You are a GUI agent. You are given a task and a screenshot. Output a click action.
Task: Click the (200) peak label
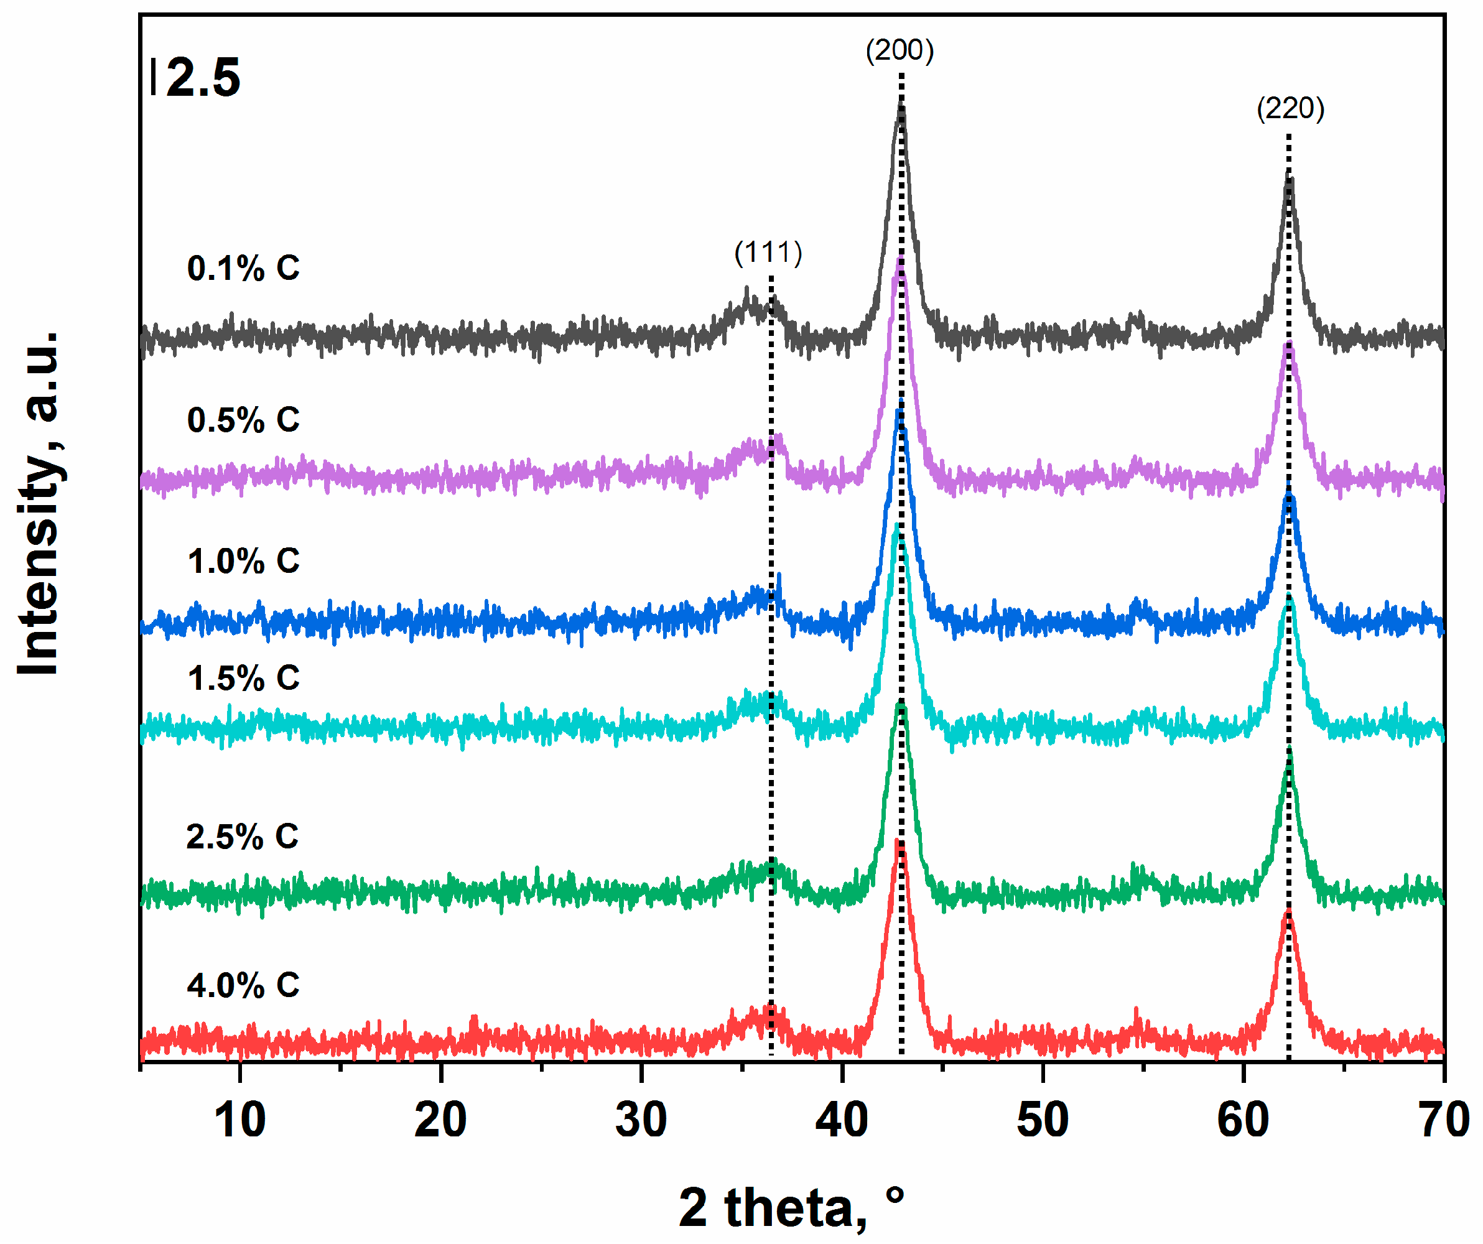(x=900, y=51)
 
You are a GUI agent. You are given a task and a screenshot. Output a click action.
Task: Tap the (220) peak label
(x=1290, y=109)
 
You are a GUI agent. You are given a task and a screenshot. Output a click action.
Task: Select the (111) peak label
(x=768, y=253)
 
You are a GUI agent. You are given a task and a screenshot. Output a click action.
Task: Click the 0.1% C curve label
(x=243, y=268)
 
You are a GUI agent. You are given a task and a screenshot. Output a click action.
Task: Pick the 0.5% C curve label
(x=243, y=420)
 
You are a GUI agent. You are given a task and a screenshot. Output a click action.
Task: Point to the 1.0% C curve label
(x=243, y=561)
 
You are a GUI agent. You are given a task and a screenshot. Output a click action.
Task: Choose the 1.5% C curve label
(x=243, y=679)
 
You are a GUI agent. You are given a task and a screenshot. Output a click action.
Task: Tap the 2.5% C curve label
(x=242, y=837)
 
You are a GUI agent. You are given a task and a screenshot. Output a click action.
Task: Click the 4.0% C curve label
(x=243, y=985)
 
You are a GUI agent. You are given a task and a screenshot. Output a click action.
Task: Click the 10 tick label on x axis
(x=240, y=1120)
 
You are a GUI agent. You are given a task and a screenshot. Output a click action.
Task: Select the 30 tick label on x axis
(x=641, y=1120)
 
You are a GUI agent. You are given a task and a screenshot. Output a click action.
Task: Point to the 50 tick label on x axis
(x=1043, y=1120)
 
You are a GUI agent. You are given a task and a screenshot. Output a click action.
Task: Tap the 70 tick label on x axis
(x=1443, y=1120)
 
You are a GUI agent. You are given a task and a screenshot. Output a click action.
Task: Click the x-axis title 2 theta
(x=791, y=1208)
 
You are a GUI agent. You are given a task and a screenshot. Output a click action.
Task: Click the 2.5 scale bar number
(x=203, y=78)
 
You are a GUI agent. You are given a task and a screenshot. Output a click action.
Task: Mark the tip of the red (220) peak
(x=1288, y=912)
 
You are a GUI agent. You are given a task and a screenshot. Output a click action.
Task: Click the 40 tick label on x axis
(x=842, y=1120)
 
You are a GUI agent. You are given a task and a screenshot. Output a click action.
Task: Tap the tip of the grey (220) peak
(x=1289, y=175)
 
